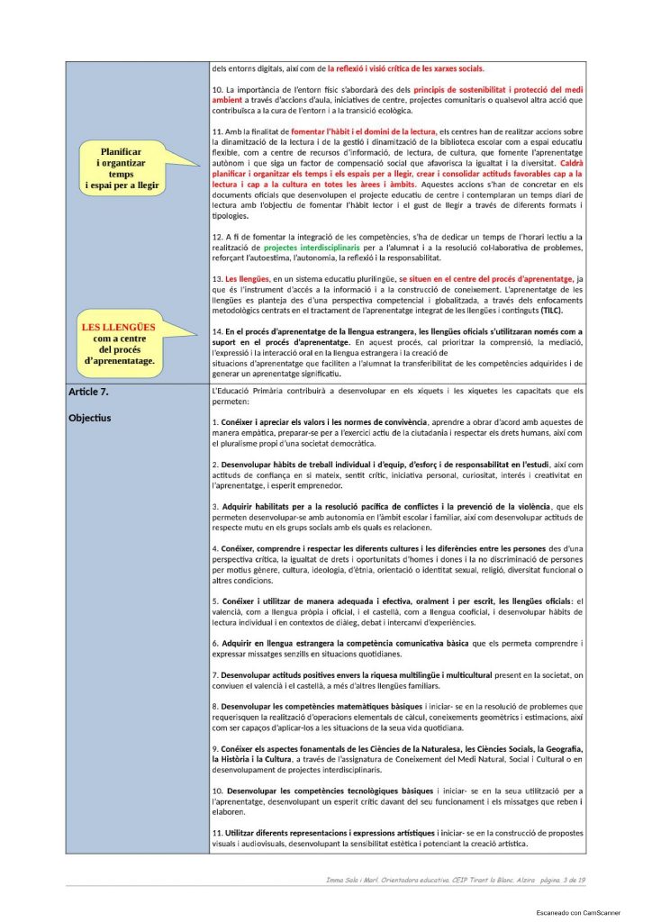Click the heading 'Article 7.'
[x=88, y=392]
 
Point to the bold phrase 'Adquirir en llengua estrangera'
[x=288, y=644]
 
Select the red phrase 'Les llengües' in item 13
[x=248, y=279]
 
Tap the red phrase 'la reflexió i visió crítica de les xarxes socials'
[x=404, y=68]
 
